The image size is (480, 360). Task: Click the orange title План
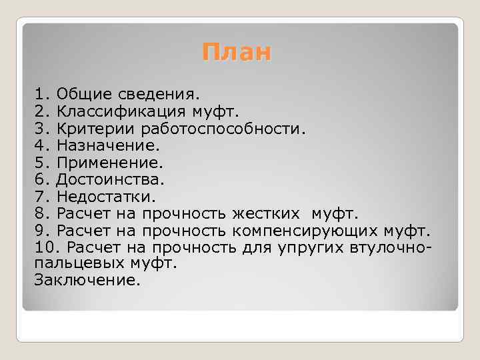237,52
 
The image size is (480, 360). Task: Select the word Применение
110,162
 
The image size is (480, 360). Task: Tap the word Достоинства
110,179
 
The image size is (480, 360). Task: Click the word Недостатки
106,197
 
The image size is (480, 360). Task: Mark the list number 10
42,249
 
